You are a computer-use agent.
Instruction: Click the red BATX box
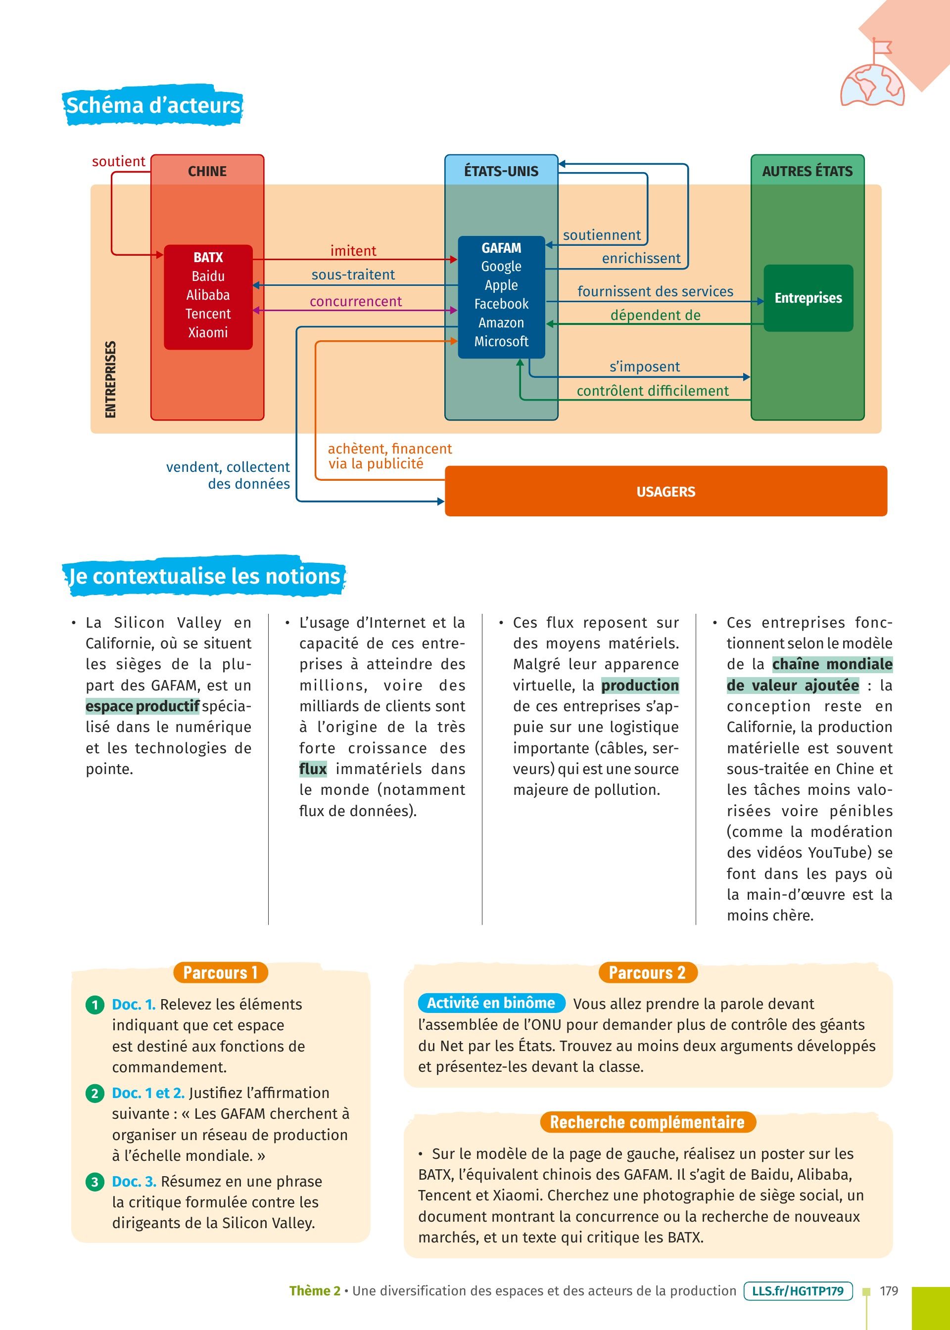click(208, 297)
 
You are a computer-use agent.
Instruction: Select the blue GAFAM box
click(501, 296)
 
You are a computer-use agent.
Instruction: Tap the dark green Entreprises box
click(808, 298)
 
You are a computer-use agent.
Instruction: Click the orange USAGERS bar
click(665, 491)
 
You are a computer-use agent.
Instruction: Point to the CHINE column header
click(207, 171)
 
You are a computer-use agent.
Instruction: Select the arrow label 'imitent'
click(353, 251)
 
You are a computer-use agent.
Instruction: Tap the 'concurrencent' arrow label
click(356, 302)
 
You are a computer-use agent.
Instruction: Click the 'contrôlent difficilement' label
click(652, 391)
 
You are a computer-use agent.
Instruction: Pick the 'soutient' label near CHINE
click(118, 161)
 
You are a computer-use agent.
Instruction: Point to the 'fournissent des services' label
click(655, 291)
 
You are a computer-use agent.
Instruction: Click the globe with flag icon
click(872, 79)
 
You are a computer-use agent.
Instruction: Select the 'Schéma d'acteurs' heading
click(153, 106)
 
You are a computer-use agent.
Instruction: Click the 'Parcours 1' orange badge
click(221, 972)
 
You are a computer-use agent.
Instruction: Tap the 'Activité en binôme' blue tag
click(491, 1003)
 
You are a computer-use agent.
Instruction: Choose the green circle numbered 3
click(94, 1182)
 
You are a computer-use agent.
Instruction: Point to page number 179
click(888, 1290)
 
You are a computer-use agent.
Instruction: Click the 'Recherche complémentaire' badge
click(647, 1122)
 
